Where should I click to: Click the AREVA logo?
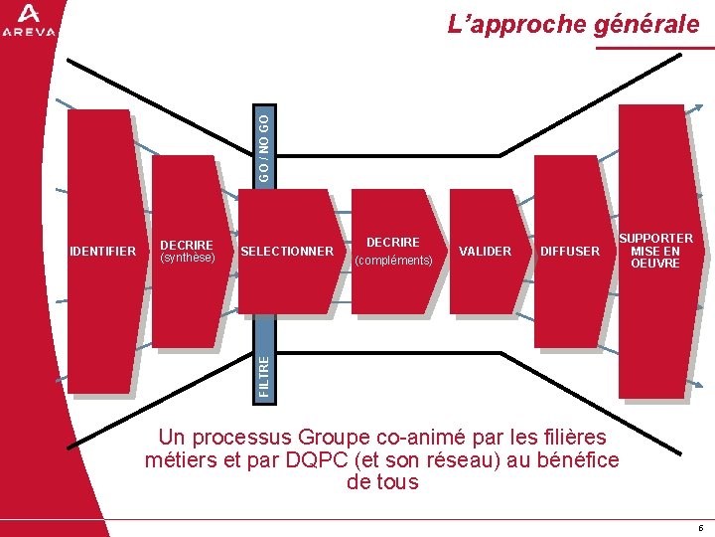tap(29, 20)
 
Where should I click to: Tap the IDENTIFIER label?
tap(103, 252)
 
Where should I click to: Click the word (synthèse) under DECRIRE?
tap(188, 258)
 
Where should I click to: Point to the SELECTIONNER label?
tap(288, 252)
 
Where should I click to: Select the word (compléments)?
tap(393, 261)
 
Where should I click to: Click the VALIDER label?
tap(486, 252)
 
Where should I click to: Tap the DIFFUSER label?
tap(570, 252)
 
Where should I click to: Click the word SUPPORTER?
tap(656, 239)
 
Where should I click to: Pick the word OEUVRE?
tap(655, 264)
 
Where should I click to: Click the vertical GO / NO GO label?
tap(261, 145)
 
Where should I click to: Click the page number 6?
tap(700, 527)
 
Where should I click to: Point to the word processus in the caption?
tap(248, 438)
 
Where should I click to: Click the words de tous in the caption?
tap(382, 482)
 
